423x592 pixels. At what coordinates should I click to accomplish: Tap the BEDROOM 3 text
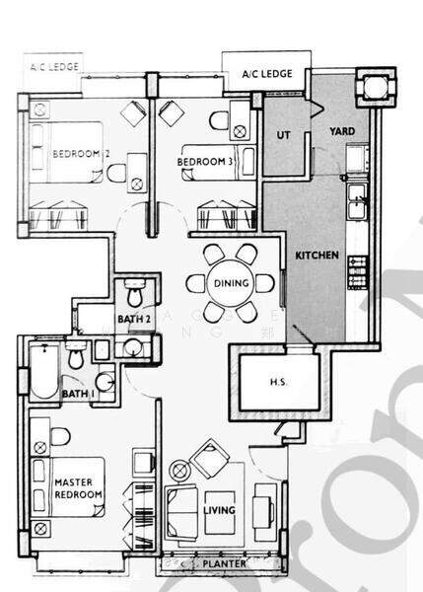(x=206, y=162)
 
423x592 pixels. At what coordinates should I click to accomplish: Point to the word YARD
(x=342, y=132)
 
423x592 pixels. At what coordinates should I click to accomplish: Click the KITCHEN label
(x=317, y=256)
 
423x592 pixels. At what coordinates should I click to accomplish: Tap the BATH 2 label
(x=133, y=319)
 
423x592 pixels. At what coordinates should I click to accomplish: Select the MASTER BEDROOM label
(x=79, y=488)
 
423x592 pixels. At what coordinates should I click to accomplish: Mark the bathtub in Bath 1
(x=43, y=372)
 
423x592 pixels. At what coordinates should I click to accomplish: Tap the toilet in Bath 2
(x=137, y=292)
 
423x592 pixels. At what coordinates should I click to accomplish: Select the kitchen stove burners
(x=357, y=267)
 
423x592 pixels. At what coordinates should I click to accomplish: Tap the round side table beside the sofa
(x=183, y=469)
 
